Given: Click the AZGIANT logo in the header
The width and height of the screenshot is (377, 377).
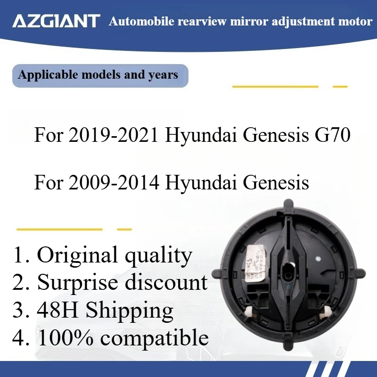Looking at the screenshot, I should [x=57, y=21].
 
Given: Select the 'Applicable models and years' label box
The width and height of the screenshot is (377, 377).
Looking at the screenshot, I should [x=100, y=75].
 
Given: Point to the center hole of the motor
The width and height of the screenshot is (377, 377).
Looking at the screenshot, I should [x=288, y=272].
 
